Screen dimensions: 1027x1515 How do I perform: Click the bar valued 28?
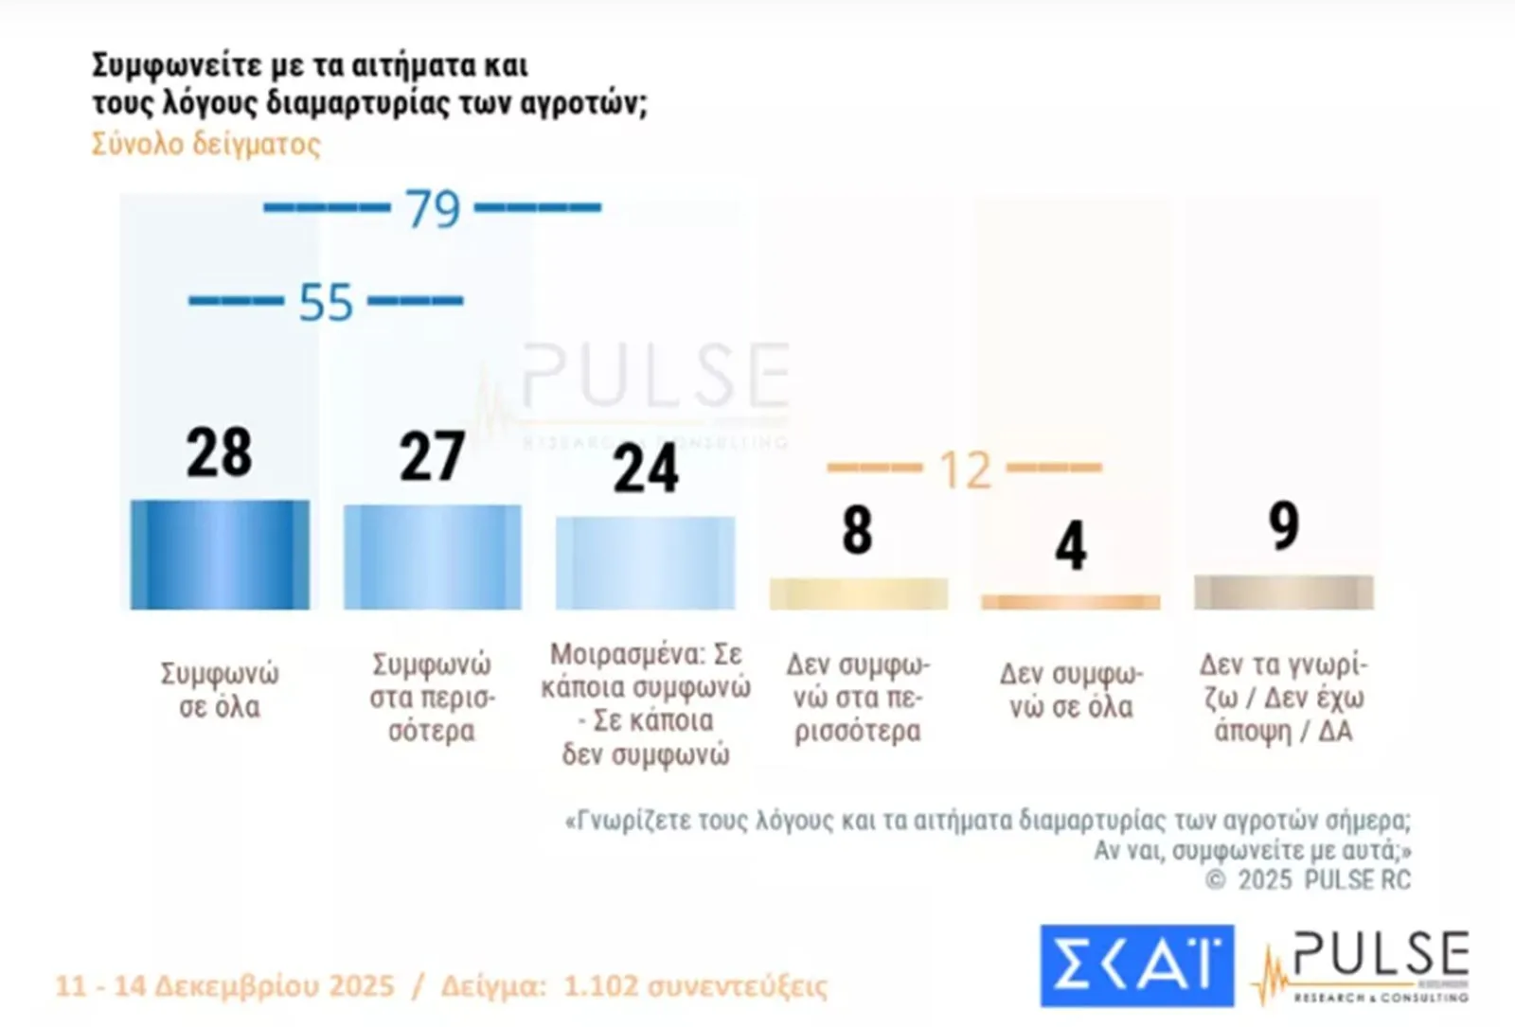[x=220, y=555]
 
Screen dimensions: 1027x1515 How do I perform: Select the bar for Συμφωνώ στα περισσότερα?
[x=432, y=557]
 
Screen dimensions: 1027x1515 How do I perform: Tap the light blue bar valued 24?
[x=645, y=562]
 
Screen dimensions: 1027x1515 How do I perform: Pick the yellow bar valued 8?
[x=858, y=593]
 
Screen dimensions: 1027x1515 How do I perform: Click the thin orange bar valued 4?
[x=1070, y=602]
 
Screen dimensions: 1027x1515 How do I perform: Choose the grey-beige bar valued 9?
[x=1283, y=592]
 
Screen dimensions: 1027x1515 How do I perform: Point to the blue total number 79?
[x=433, y=209]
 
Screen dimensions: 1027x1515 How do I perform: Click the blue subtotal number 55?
[x=326, y=303]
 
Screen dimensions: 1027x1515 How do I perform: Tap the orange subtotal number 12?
[x=965, y=469]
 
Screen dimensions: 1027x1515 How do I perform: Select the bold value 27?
[x=432, y=457]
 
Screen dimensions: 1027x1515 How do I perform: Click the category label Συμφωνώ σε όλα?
[x=220, y=689]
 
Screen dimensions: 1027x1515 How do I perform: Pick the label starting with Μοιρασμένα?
[x=646, y=703]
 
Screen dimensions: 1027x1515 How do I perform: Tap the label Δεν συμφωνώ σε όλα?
[x=1071, y=690]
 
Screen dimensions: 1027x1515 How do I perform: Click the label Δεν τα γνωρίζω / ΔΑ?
[x=1283, y=698]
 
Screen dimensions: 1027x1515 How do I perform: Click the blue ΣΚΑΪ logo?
[x=1136, y=965]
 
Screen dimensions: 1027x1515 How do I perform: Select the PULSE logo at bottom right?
[x=1363, y=965]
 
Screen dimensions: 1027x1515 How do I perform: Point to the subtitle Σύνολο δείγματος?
[x=206, y=144]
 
